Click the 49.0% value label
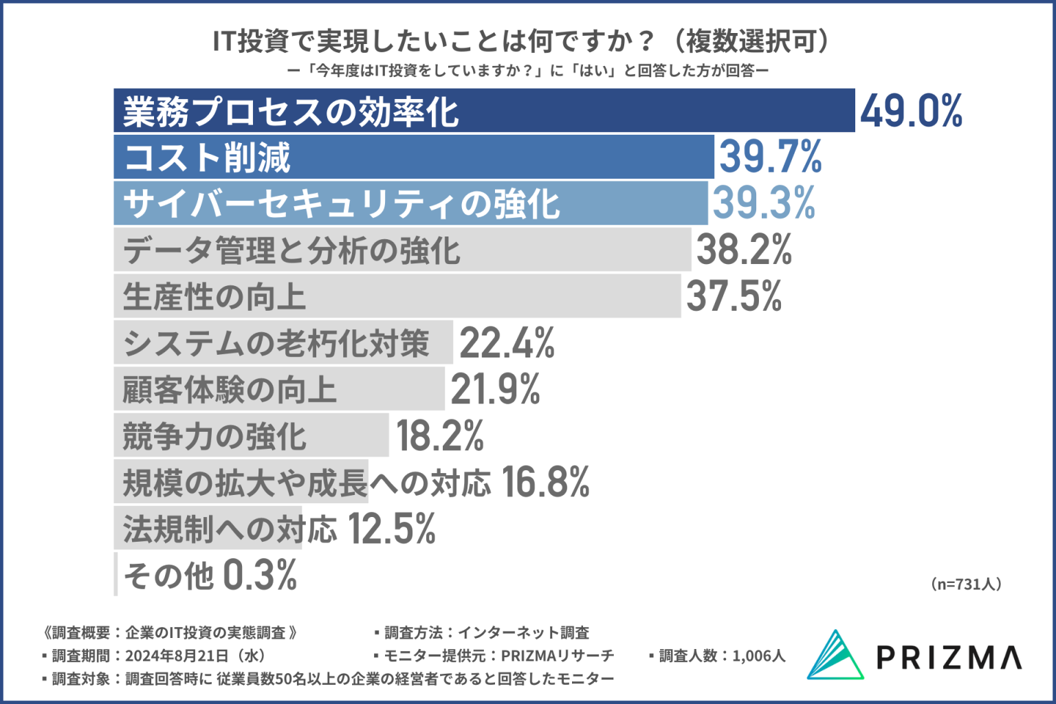coord(911,111)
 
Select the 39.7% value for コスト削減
coord(770,157)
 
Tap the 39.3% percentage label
coord(763,203)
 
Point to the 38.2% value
coord(744,250)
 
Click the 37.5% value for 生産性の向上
coord(734,296)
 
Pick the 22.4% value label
coord(507,342)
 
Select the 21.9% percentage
coord(495,389)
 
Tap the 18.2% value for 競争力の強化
coord(440,436)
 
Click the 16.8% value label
coord(545,482)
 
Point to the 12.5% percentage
coord(391,529)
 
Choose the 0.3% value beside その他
coord(260,575)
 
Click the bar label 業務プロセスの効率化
coord(291,111)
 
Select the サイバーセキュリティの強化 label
coord(342,204)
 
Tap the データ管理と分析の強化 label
coord(291,250)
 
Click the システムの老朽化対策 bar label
coord(276,343)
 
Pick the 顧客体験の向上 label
coord(230,390)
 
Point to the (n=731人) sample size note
coord(966,584)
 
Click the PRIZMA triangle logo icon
coord(835,655)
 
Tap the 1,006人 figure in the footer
coord(758,656)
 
